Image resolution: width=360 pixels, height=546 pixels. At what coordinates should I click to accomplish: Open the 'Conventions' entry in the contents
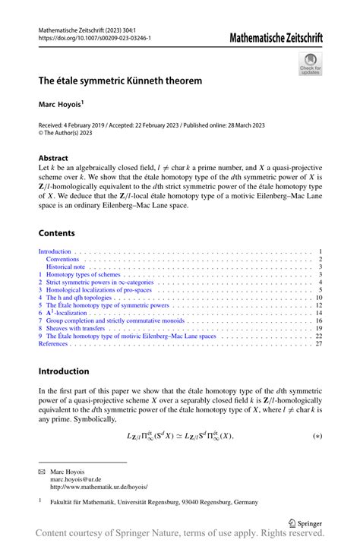point(62,260)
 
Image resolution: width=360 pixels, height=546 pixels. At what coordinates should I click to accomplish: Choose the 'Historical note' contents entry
point(67,267)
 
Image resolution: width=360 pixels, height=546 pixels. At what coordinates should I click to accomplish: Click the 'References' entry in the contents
point(54,343)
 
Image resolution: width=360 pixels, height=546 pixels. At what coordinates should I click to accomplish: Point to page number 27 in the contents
point(319,343)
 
